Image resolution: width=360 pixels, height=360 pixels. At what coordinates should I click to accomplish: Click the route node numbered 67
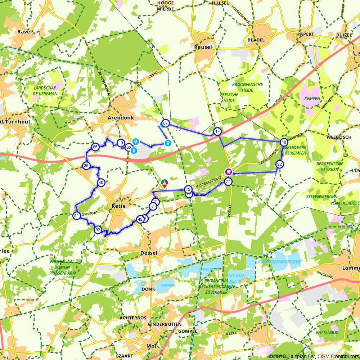point(165,123)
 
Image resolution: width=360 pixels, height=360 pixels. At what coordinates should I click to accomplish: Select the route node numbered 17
point(217,132)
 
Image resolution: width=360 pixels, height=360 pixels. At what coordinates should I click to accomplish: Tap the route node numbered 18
point(284,142)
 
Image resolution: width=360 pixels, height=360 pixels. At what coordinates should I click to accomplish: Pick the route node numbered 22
point(280,165)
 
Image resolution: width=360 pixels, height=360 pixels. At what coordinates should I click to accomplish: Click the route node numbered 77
point(228,182)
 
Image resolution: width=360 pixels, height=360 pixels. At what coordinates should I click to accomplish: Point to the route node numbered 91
point(76,216)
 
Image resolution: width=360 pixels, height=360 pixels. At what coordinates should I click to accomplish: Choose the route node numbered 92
point(98,230)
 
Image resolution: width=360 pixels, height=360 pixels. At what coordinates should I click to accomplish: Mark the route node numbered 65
point(95,147)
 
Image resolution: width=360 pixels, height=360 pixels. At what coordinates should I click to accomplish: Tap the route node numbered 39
point(86,166)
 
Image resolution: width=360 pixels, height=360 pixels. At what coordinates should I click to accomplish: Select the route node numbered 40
point(101,183)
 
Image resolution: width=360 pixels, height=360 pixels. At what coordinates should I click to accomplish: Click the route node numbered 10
point(121,143)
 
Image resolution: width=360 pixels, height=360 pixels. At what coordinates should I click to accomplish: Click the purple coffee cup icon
point(228,171)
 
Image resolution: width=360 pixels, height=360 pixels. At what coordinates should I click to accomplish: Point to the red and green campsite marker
point(164,183)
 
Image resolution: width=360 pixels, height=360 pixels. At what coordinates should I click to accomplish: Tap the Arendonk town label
point(121,118)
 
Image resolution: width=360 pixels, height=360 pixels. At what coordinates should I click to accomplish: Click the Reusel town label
point(203,47)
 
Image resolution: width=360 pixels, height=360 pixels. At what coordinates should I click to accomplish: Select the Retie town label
point(119,206)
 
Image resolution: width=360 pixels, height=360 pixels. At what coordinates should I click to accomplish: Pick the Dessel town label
point(149,253)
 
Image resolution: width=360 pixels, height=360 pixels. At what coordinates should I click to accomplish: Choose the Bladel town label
point(256,40)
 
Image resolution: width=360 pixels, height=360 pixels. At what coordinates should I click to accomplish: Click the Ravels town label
point(26,32)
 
